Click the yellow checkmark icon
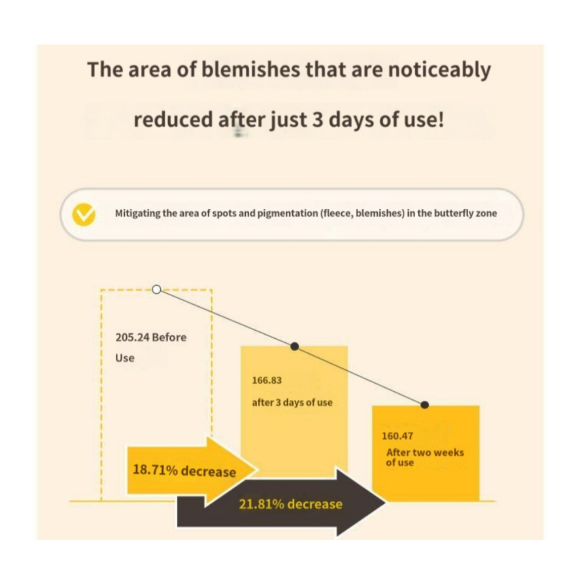pos(84,214)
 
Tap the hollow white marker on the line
pos(157,290)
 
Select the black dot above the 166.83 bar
pos(295,346)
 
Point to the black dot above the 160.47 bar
pos(424,405)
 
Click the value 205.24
pos(132,337)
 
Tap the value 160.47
pos(397,437)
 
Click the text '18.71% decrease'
pos(184,471)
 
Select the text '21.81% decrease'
pos(291,504)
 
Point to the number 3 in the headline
pos(317,121)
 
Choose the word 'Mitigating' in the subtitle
pos(137,214)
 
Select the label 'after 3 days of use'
pos(292,402)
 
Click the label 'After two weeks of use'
pos(425,457)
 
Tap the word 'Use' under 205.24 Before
pos(125,358)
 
